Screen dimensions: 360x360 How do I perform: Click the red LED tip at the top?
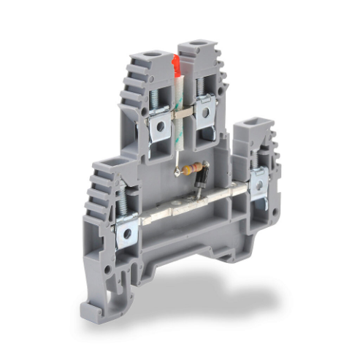[x=176, y=66]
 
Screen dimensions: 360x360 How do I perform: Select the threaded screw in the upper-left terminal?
[x=156, y=98]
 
